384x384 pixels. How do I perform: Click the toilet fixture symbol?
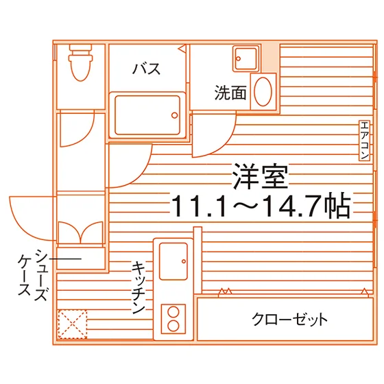pos(81,62)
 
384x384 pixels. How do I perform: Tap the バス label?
pos(147,69)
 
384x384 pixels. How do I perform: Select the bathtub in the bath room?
pos(147,115)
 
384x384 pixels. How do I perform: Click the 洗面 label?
pos(230,93)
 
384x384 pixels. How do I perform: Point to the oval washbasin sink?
pos(263,92)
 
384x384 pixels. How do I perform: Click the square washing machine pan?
pos(246,59)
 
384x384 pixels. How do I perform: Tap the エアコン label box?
pos(364,141)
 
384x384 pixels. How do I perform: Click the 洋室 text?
pos(260,176)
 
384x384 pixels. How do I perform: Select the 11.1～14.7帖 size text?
pos(261,206)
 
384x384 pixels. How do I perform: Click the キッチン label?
pos(139,288)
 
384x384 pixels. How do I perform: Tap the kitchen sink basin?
pos(173,261)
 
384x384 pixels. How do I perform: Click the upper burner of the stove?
pos(173,313)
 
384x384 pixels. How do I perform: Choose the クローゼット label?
pos(289,319)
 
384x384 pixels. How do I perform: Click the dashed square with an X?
pos(73,324)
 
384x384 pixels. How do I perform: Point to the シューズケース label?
pos(33,275)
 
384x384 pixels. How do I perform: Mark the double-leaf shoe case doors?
pos(81,232)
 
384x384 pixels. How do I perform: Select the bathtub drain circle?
pos(175,115)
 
